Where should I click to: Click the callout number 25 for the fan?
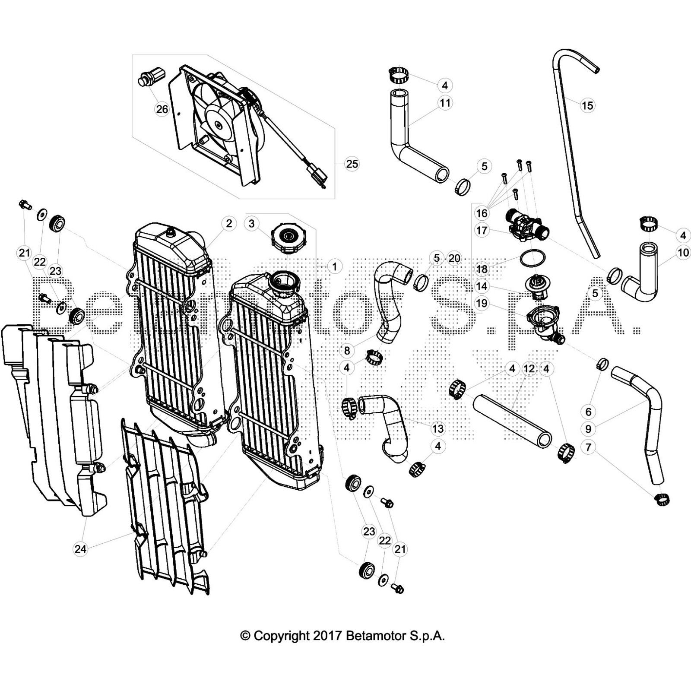pos(352,164)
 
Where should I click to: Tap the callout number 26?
pos(162,109)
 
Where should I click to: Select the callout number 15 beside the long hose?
pos(587,105)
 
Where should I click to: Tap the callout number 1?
pos(334,266)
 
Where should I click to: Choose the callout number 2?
pos(229,223)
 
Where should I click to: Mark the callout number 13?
pos(438,428)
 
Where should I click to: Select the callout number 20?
pos(454,258)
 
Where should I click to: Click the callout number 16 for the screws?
pos(482,213)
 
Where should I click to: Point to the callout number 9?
pos(588,429)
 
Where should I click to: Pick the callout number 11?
pos(445,103)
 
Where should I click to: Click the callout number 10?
pos(683,253)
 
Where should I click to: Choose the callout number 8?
pos(347,351)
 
